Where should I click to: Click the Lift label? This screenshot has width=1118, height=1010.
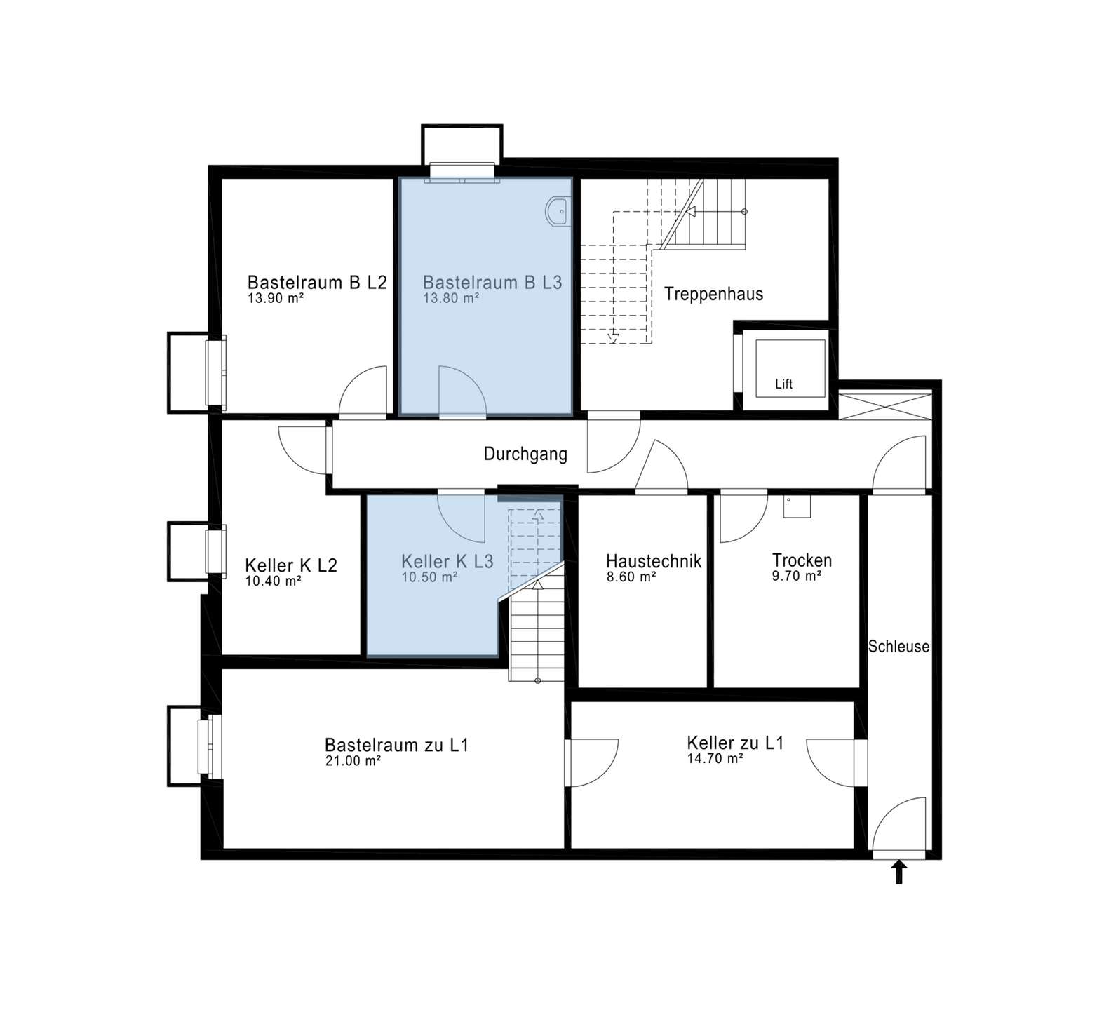(783, 384)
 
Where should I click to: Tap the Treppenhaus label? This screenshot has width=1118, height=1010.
(713, 294)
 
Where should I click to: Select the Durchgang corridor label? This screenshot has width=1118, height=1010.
(525, 454)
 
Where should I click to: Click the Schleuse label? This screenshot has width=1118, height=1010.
(898, 647)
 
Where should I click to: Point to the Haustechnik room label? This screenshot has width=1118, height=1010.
(654, 561)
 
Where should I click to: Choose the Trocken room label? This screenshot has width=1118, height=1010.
(802, 560)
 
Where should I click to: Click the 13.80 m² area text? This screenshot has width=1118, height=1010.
(451, 298)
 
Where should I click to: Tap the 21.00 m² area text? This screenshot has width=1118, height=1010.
(353, 761)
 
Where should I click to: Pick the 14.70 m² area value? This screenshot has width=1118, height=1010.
(715, 758)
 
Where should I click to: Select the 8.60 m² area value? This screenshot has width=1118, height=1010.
(631, 577)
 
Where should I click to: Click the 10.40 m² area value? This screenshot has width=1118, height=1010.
(274, 581)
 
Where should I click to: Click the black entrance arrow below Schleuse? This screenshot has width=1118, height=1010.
(898, 873)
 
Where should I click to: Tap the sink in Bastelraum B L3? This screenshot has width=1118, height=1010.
(559, 211)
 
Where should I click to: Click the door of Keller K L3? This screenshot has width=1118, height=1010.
(461, 517)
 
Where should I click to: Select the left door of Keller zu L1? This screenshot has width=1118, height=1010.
(593, 763)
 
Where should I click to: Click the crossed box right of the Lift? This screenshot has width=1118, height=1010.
(885, 405)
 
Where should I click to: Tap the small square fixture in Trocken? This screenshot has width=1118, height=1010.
(797, 506)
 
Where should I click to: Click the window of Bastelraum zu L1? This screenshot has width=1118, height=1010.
(210, 746)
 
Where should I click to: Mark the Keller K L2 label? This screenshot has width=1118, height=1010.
(291, 565)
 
